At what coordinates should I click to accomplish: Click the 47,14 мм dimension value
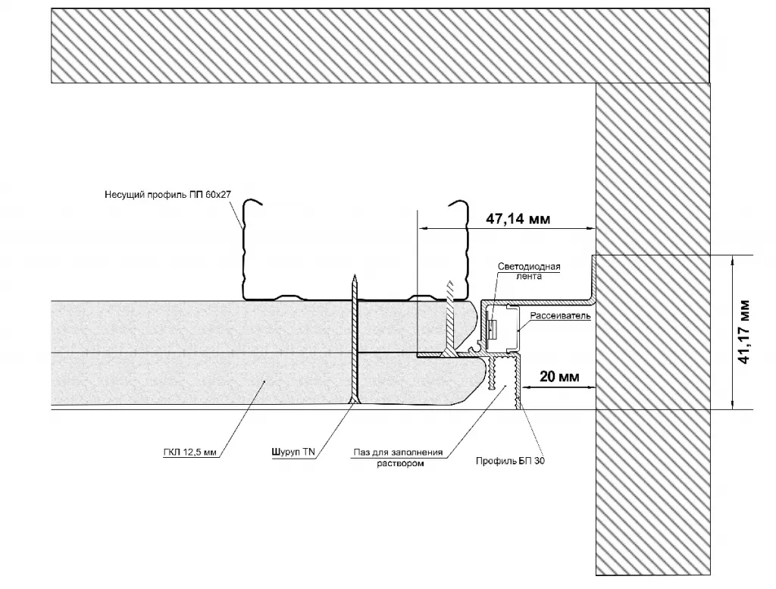pos(518,218)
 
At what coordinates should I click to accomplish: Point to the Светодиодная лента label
pos(529,272)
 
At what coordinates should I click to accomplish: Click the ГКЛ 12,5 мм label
pos(189,453)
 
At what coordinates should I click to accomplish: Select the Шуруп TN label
pos(293,453)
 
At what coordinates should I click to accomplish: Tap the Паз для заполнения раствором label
pos(399,459)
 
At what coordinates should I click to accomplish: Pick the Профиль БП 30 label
pos(509,460)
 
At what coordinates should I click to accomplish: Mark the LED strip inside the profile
pos(492,327)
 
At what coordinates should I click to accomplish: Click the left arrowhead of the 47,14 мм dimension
pos(421,227)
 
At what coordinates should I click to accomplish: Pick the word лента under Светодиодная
pos(529,277)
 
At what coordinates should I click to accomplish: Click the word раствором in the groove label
pos(399,464)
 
